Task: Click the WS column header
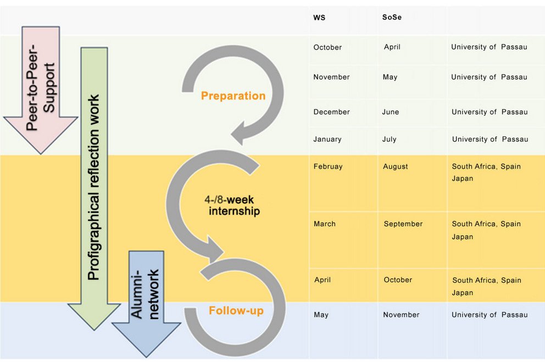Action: (x=319, y=18)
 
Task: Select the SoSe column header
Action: (x=392, y=17)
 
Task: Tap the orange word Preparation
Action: (x=233, y=96)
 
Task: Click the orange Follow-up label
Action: (x=236, y=310)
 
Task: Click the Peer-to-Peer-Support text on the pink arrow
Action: (x=40, y=87)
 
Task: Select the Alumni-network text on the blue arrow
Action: (x=145, y=294)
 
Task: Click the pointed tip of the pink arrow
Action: (x=41, y=154)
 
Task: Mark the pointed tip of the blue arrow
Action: (x=146, y=357)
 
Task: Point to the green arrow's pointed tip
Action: (x=94, y=329)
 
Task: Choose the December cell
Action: (x=331, y=112)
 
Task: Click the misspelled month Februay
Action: (x=328, y=166)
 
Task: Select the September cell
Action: (x=403, y=223)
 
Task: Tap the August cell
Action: (x=395, y=166)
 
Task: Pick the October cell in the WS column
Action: (x=327, y=47)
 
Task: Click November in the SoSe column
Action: (x=401, y=315)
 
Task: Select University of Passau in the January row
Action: (x=490, y=139)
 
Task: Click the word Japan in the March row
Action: (x=462, y=237)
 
